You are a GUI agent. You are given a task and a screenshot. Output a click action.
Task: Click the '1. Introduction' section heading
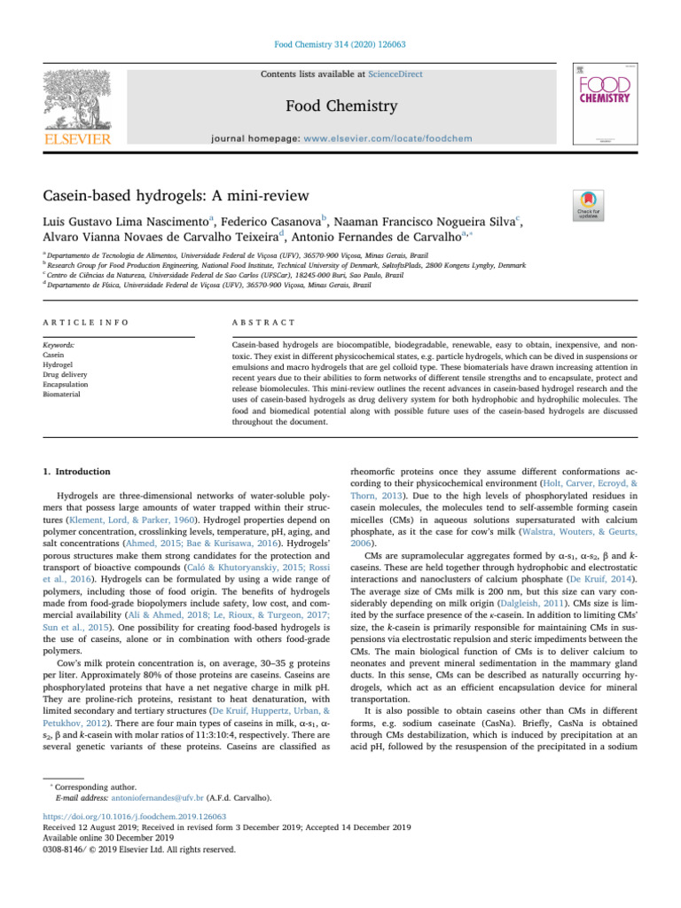[74, 473]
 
